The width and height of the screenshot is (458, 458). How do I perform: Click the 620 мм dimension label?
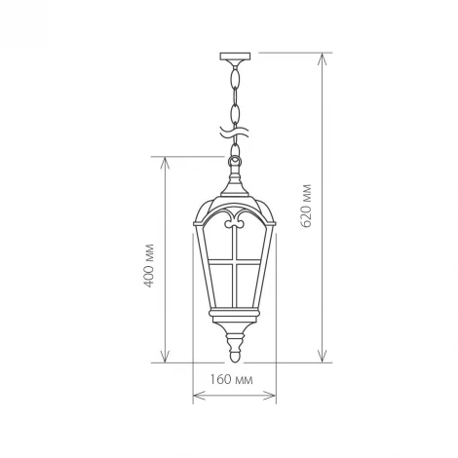(x=308, y=206)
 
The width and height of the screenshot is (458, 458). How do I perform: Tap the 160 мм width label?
(x=231, y=378)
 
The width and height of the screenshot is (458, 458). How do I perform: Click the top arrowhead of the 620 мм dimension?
(x=322, y=56)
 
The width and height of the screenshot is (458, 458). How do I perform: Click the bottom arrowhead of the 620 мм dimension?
(x=322, y=359)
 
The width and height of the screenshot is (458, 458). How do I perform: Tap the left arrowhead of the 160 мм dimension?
(x=196, y=397)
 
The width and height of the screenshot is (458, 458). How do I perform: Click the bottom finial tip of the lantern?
(x=233, y=356)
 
